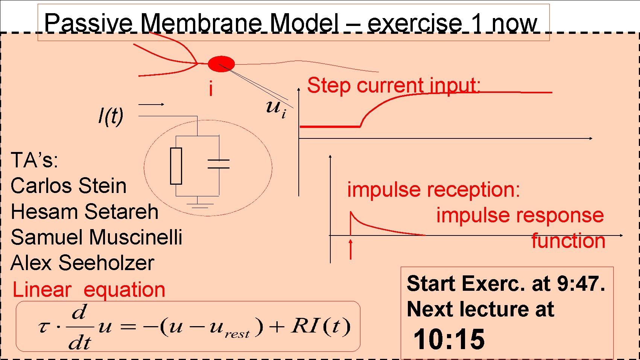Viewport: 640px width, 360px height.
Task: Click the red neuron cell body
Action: pyautogui.click(x=221, y=64)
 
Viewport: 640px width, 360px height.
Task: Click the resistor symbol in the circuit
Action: pyautogui.click(x=176, y=166)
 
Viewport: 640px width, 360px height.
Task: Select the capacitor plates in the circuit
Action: pyautogui.click(x=219, y=164)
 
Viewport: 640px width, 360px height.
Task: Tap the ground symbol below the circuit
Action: pyautogui.click(x=197, y=204)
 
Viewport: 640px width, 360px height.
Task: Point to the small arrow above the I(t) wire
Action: pyautogui.click(x=151, y=104)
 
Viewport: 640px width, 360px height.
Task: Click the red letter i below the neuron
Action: pyautogui.click(x=211, y=89)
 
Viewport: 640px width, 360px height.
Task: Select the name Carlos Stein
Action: pyautogui.click(x=68, y=186)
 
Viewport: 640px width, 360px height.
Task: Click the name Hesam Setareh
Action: pyautogui.click(x=85, y=211)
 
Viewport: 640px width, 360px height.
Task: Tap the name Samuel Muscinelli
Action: pyautogui.click(x=96, y=237)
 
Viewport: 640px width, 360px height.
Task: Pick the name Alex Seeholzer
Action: pyautogui.click(x=82, y=263)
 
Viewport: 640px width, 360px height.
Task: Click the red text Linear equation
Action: pyautogui.click(x=89, y=290)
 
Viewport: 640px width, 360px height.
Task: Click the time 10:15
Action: pyautogui.click(x=449, y=339)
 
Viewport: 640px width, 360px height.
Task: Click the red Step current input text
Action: pyautogui.click(x=394, y=85)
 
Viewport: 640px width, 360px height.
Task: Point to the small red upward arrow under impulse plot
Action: pyautogui.click(x=351, y=249)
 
